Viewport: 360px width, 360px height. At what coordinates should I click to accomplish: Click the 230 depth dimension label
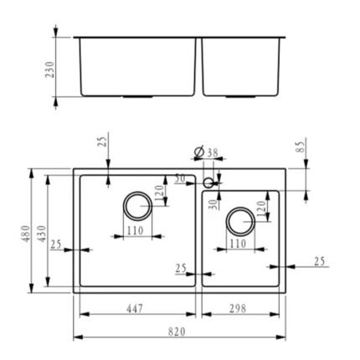(x=50, y=69)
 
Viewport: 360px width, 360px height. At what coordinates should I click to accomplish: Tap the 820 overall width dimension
(x=177, y=332)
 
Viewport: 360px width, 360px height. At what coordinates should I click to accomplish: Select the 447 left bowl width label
(x=135, y=309)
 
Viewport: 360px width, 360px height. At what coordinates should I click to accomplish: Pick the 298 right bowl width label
(x=238, y=309)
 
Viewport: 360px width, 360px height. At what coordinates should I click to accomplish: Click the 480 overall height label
(x=26, y=234)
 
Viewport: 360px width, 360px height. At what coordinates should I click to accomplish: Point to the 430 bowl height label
(x=42, y=234)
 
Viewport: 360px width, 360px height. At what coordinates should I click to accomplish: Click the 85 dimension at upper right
(x=300, y=147)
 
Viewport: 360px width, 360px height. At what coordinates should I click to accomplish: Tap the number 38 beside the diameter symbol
(x=213, y=152)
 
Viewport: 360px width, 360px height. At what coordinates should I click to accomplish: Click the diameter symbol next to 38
(x=199, y=152)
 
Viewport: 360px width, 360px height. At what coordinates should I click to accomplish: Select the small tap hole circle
(x=208, y=183)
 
